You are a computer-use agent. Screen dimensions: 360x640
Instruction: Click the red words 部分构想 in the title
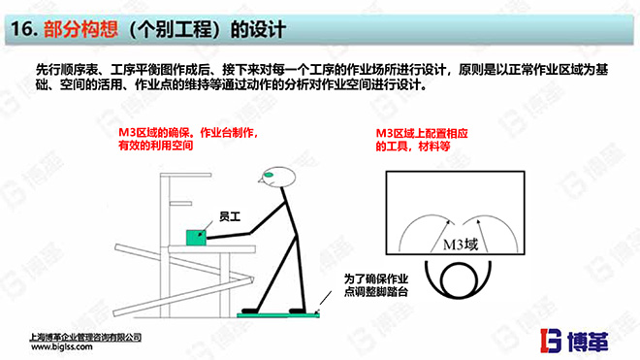coord(77,30)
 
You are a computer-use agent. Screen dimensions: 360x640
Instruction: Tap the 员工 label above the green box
coord(205,216)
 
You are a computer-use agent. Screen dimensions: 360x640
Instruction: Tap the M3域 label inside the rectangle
coord(462,245)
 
